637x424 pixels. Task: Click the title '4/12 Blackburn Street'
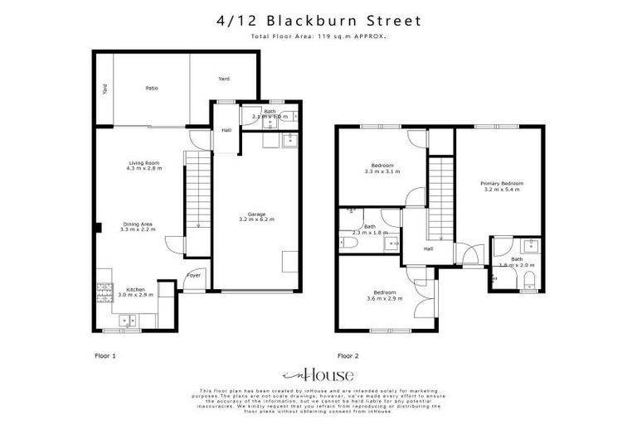[318, 20]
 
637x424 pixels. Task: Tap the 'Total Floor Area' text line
[318, 36]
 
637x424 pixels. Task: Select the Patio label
[152, 88]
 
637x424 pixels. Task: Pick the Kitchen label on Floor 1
[135, 291]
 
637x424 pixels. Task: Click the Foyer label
[194, 275]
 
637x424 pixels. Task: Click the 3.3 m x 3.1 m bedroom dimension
[382, 171]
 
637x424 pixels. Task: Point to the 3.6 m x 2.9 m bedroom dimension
[383, 297]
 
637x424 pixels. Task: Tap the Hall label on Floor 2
[428, 248]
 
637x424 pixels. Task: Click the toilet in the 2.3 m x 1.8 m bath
[344, 242]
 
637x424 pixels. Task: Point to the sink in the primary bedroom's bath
[528, 245]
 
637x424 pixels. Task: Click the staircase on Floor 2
[441, 199]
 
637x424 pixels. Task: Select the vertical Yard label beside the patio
[105, 89]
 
